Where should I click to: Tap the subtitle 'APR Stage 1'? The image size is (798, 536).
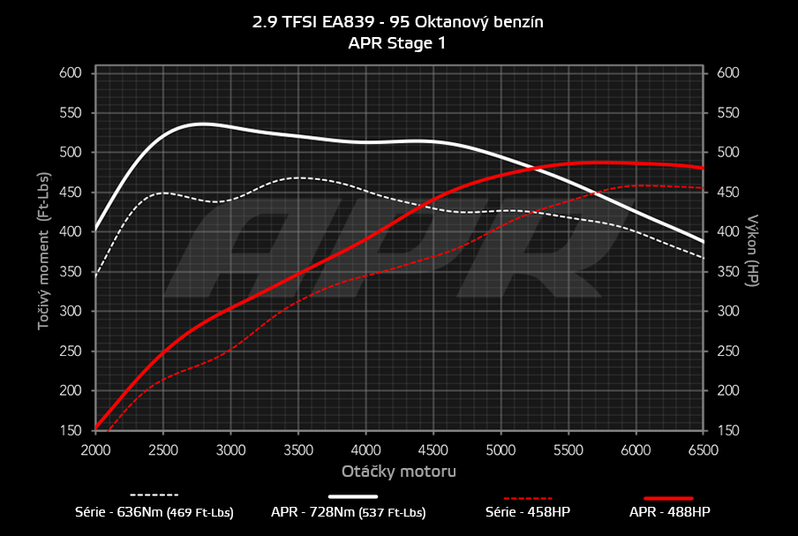coord(398,42)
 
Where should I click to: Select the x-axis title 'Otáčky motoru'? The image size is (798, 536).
coord(399,471)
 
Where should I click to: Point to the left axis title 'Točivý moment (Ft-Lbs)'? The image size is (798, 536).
coord(44,251)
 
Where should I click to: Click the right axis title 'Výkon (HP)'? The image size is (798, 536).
coord(753,251)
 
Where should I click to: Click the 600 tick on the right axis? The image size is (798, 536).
coord(727,73)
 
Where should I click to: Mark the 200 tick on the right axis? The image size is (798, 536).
coord(727,391)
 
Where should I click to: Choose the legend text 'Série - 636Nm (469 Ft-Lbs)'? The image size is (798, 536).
coord(154,512)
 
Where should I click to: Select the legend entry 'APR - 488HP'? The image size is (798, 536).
coord(669,512)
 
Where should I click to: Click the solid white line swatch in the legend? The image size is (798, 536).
coord(359,495)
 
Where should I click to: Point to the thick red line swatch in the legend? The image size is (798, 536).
coord(668,497)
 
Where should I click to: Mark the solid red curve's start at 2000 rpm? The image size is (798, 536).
coord(95,429)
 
